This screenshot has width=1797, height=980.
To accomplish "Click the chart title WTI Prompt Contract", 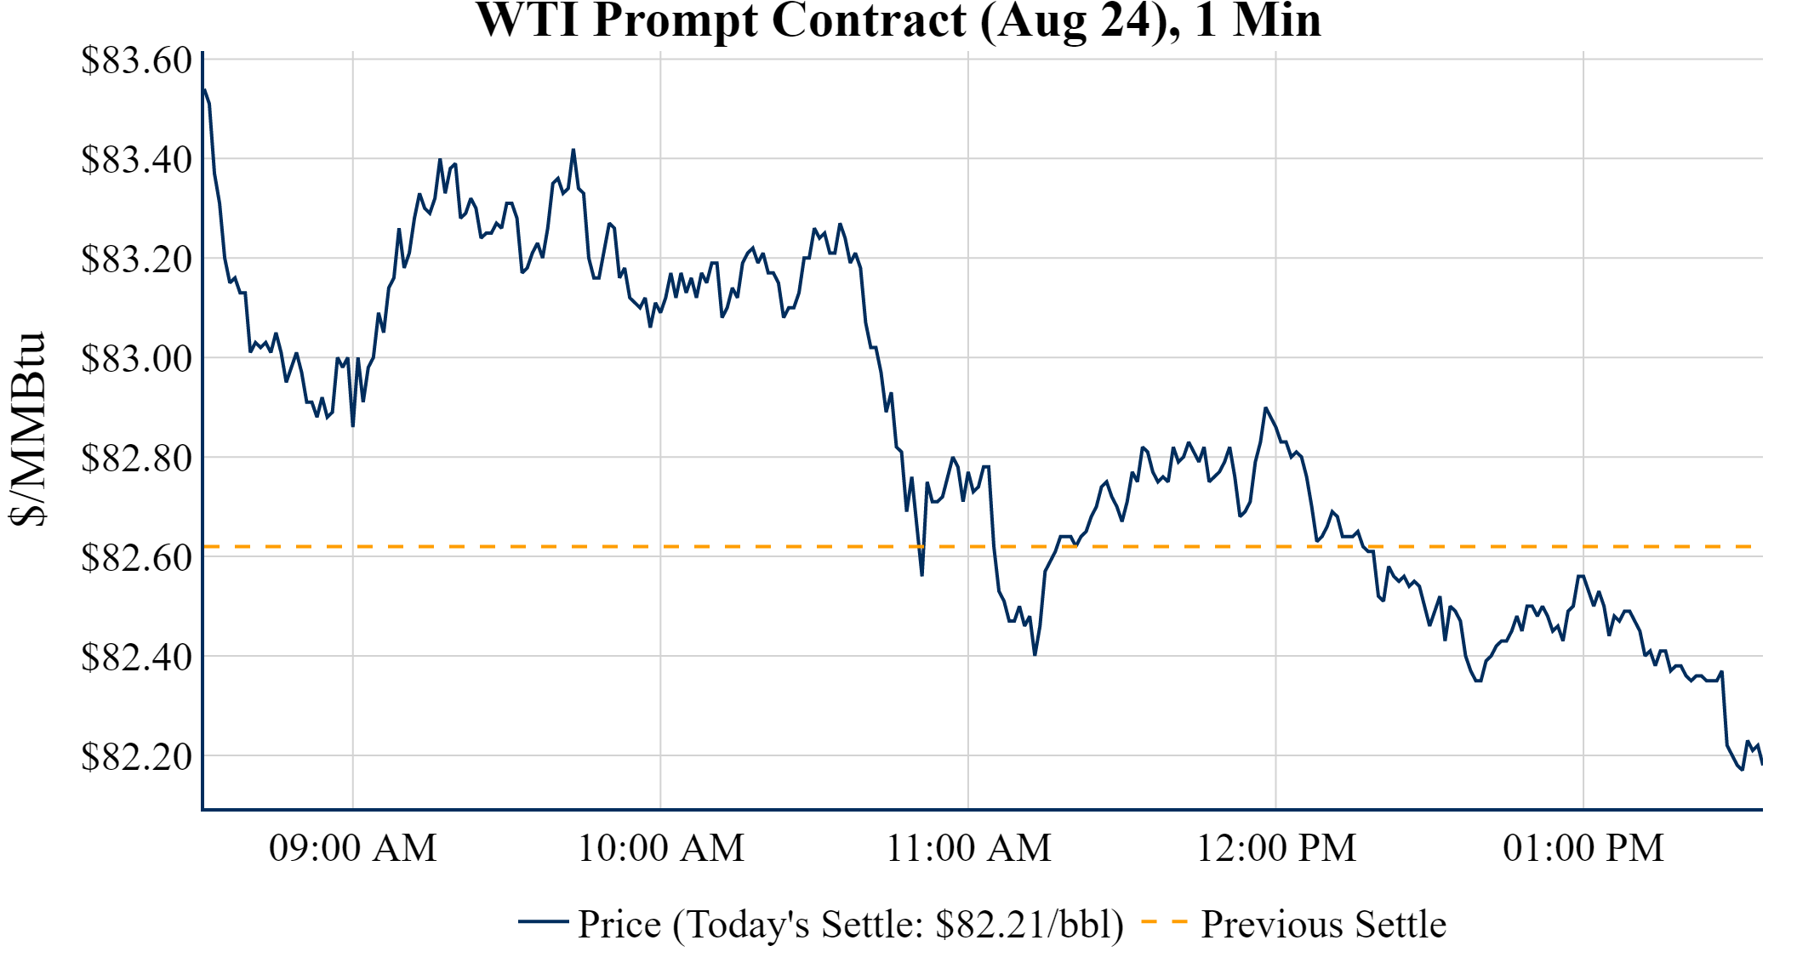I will (x=898, y=20).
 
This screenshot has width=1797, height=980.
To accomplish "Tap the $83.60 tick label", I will (x=136, y=60).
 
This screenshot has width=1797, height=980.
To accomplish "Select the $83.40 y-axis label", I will (x=136, y=160).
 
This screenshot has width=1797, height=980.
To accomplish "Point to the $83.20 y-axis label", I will (x=136, y=259).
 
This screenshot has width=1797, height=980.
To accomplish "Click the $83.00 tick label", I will (x=136, y=359).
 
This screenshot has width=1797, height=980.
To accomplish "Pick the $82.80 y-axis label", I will (x=136, y=459).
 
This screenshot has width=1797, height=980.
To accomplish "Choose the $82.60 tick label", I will (x=136, y=558).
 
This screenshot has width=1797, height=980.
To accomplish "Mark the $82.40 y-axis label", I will (x=136, y=658).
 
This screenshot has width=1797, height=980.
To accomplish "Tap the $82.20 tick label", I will (x=136, y=757).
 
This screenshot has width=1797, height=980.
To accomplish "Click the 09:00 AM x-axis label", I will (x=353, y=848).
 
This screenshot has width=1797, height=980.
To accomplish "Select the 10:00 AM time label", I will (x=661, y=848).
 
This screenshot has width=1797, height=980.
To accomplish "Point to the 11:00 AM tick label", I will (x=969, y=848).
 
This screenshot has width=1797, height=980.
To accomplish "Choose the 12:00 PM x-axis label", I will (x=1276, y=848).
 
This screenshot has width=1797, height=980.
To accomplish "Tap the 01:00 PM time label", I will (x=1583, y=848).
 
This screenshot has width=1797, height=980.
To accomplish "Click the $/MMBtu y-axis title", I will (x=28, y=430).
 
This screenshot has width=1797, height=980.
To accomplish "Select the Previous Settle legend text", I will (x=1323, y=925).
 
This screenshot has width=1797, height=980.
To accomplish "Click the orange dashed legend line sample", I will (x=1164, y=922).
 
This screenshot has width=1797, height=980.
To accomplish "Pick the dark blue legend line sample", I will (x=543, y=922).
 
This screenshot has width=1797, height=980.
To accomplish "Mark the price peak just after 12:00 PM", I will (x=1265, y=408).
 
